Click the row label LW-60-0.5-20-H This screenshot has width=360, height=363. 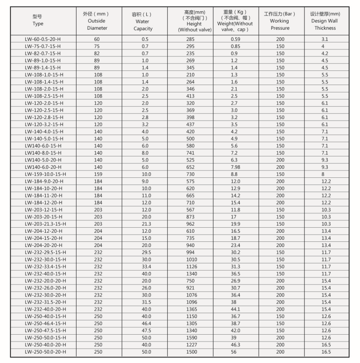tap(43, 39)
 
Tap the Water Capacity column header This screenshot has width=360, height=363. tap(143, 21)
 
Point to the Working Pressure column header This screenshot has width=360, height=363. tap(280, 21)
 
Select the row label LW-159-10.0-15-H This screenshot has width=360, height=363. tap(45, 174)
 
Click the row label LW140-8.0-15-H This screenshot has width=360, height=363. tap(43, 153)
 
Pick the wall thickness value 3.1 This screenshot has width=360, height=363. tap(325, 39)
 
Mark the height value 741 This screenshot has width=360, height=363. tap(191, 153)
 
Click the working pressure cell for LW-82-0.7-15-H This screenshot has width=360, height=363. tap(280, 53)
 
